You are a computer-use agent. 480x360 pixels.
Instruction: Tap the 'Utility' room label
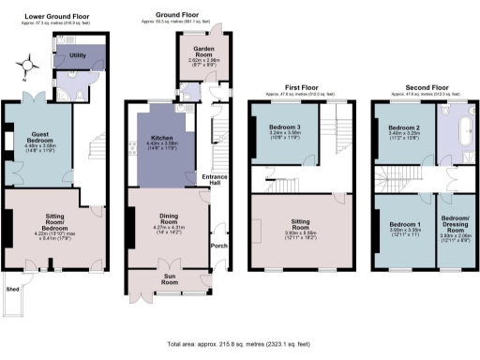coord(78,57)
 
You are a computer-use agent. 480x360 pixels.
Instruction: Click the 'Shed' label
coord(12,290)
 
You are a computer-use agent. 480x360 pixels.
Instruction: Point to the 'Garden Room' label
coord(198,49)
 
